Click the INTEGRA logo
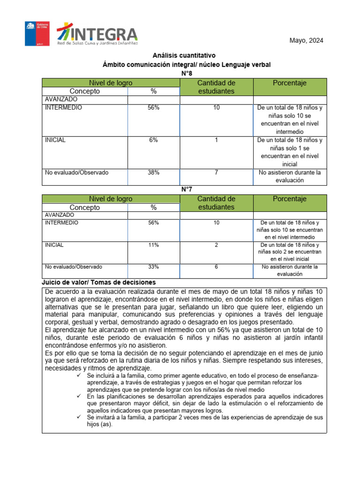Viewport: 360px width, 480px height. coord(97,35)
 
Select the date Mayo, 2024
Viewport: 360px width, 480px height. coord(306,40)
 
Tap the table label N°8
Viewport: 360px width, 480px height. coord(186,74)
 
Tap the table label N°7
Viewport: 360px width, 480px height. coord(186,189)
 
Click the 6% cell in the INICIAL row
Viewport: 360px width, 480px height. coord(153,140)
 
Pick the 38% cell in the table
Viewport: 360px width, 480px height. coord(153,172)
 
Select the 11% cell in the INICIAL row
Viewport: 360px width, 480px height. coord(153,245)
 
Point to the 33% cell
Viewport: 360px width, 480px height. coord(153,267)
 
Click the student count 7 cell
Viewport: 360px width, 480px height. coord(216,172)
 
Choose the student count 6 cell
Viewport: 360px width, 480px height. coord(216,267)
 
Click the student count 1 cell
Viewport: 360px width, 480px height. coord(216,140)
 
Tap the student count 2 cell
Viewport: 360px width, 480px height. coord(216,245)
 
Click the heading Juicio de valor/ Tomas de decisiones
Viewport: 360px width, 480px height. coord(98,283)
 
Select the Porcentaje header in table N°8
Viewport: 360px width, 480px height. coord(289,83)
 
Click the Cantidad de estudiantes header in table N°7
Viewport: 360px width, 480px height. coord(216,203)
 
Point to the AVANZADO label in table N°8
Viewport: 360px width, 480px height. coord(61,99)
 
